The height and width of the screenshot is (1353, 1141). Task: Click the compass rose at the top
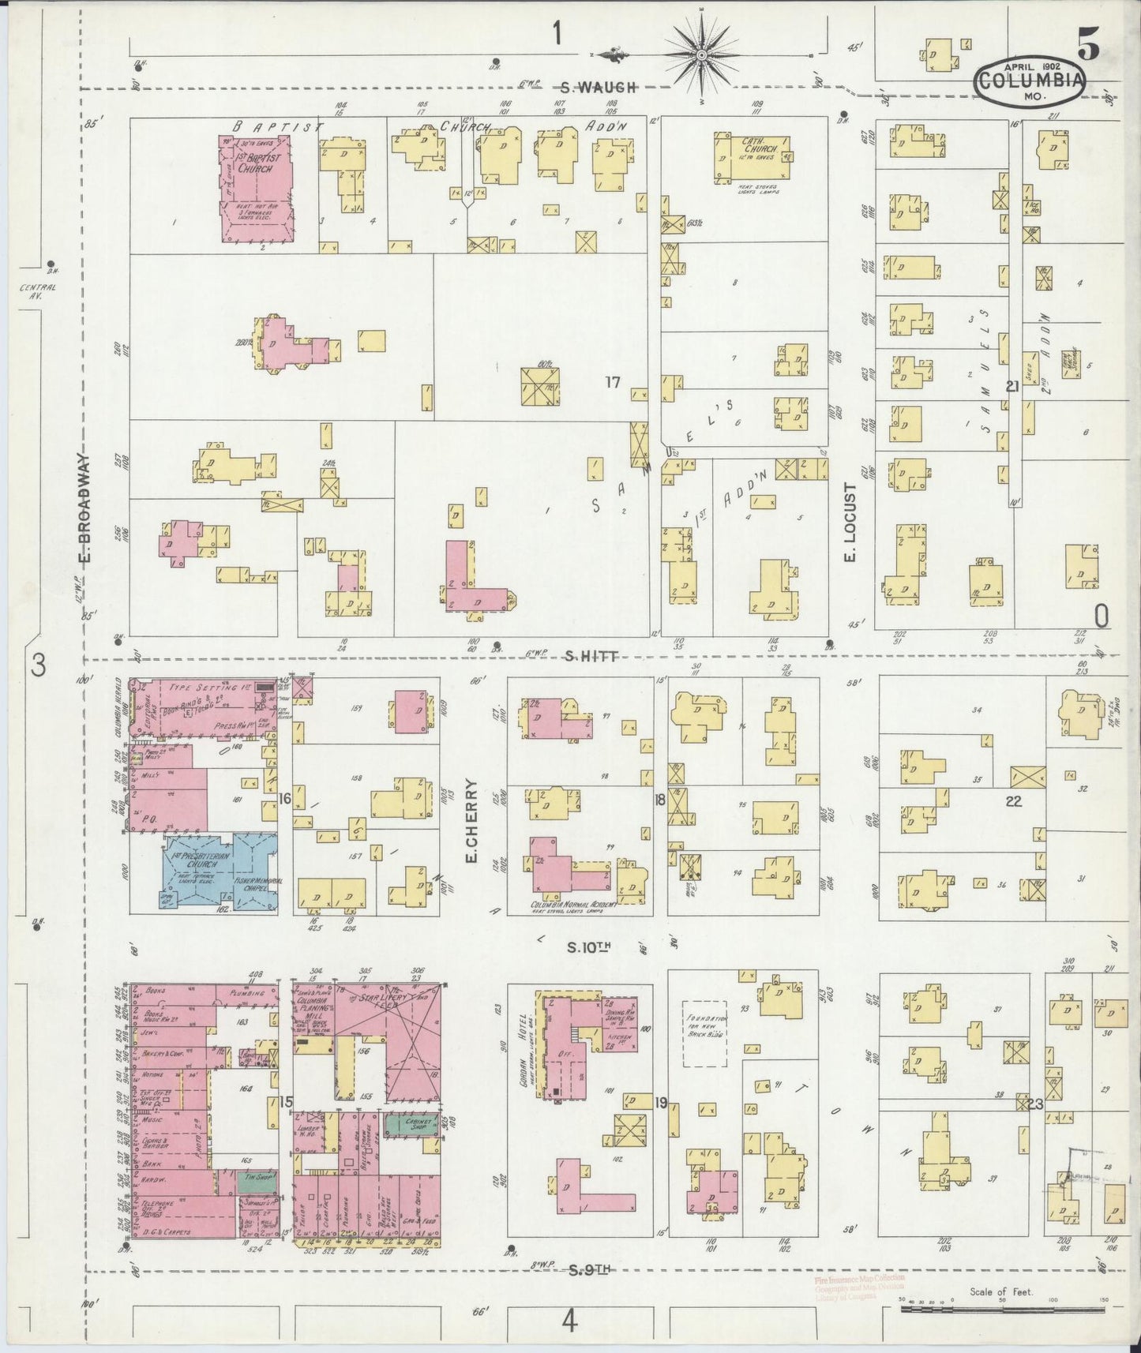tap(701, 54)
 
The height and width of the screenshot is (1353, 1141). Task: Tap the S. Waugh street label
tap(606, 87)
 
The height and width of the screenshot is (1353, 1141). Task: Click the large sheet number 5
tap(1088, 48)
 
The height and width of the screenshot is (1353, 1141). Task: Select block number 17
tap(613, 383)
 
